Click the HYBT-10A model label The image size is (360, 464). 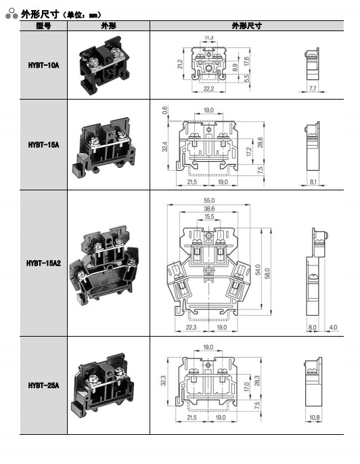tap(43, 65)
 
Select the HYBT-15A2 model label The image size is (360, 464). tap(43, 263)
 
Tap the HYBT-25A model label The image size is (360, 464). tap(43, 385)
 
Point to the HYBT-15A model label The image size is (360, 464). tap(43, 145)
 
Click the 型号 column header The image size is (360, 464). tap(43, 26)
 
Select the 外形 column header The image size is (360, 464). tap(108, 26)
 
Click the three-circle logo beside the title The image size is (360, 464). tap(12, 14)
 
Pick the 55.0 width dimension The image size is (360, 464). tap(209, 201)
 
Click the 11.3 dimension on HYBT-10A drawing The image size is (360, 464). tap(209, 37)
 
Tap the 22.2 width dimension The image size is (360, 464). tap(208, 89)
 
